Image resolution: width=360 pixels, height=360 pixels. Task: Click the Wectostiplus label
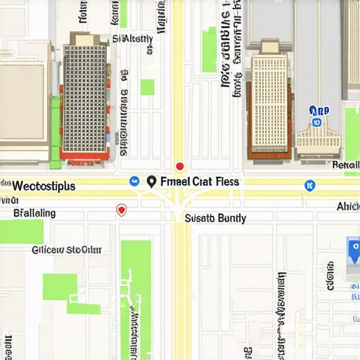pyautogui.click(x=44, y=186)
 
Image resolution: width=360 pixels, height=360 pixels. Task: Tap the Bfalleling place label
pyautogui.click(x=34, y=212)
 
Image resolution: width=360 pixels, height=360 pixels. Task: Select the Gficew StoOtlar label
pyautogui.click(x=66, y=249)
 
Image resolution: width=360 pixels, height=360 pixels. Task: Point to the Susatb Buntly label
pyautogui.click(x=215, y=219)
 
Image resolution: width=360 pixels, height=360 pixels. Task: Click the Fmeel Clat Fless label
pyautogui.click(x=199, y=181)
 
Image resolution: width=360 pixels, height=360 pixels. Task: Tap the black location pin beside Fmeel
pyautogui.click(x=150, y=181)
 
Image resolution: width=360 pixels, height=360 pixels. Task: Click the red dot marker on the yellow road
pyautogui.click(x=179, y=167)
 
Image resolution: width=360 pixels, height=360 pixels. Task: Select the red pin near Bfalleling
pyautogui.click(x=121, y=210)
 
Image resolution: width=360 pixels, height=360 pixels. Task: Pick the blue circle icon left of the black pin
pyautogui.click(x=134, y=181)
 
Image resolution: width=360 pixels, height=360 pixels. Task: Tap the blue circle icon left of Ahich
pyautogui.click(x=307, y=185)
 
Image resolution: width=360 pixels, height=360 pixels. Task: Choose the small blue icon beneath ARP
pyautogui.click(x=316, y=122)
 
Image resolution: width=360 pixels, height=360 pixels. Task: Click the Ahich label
pyautogui.click(x=347, y=206)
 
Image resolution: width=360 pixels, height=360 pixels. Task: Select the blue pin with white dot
pyautogui.click(x=354, y=247)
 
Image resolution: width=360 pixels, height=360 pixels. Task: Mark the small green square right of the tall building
pyautogui.click(x=147, y=87)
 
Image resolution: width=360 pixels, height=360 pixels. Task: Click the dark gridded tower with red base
pyautogui.click(x=84, y=98)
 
